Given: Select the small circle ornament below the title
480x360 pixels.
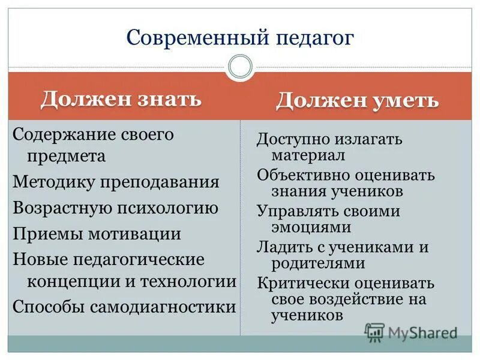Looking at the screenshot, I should [240, 67].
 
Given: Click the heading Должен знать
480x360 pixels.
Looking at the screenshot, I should [121, 98].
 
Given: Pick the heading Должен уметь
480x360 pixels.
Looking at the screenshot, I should [357, 100].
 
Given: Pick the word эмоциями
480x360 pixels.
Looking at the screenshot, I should [311, 227].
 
